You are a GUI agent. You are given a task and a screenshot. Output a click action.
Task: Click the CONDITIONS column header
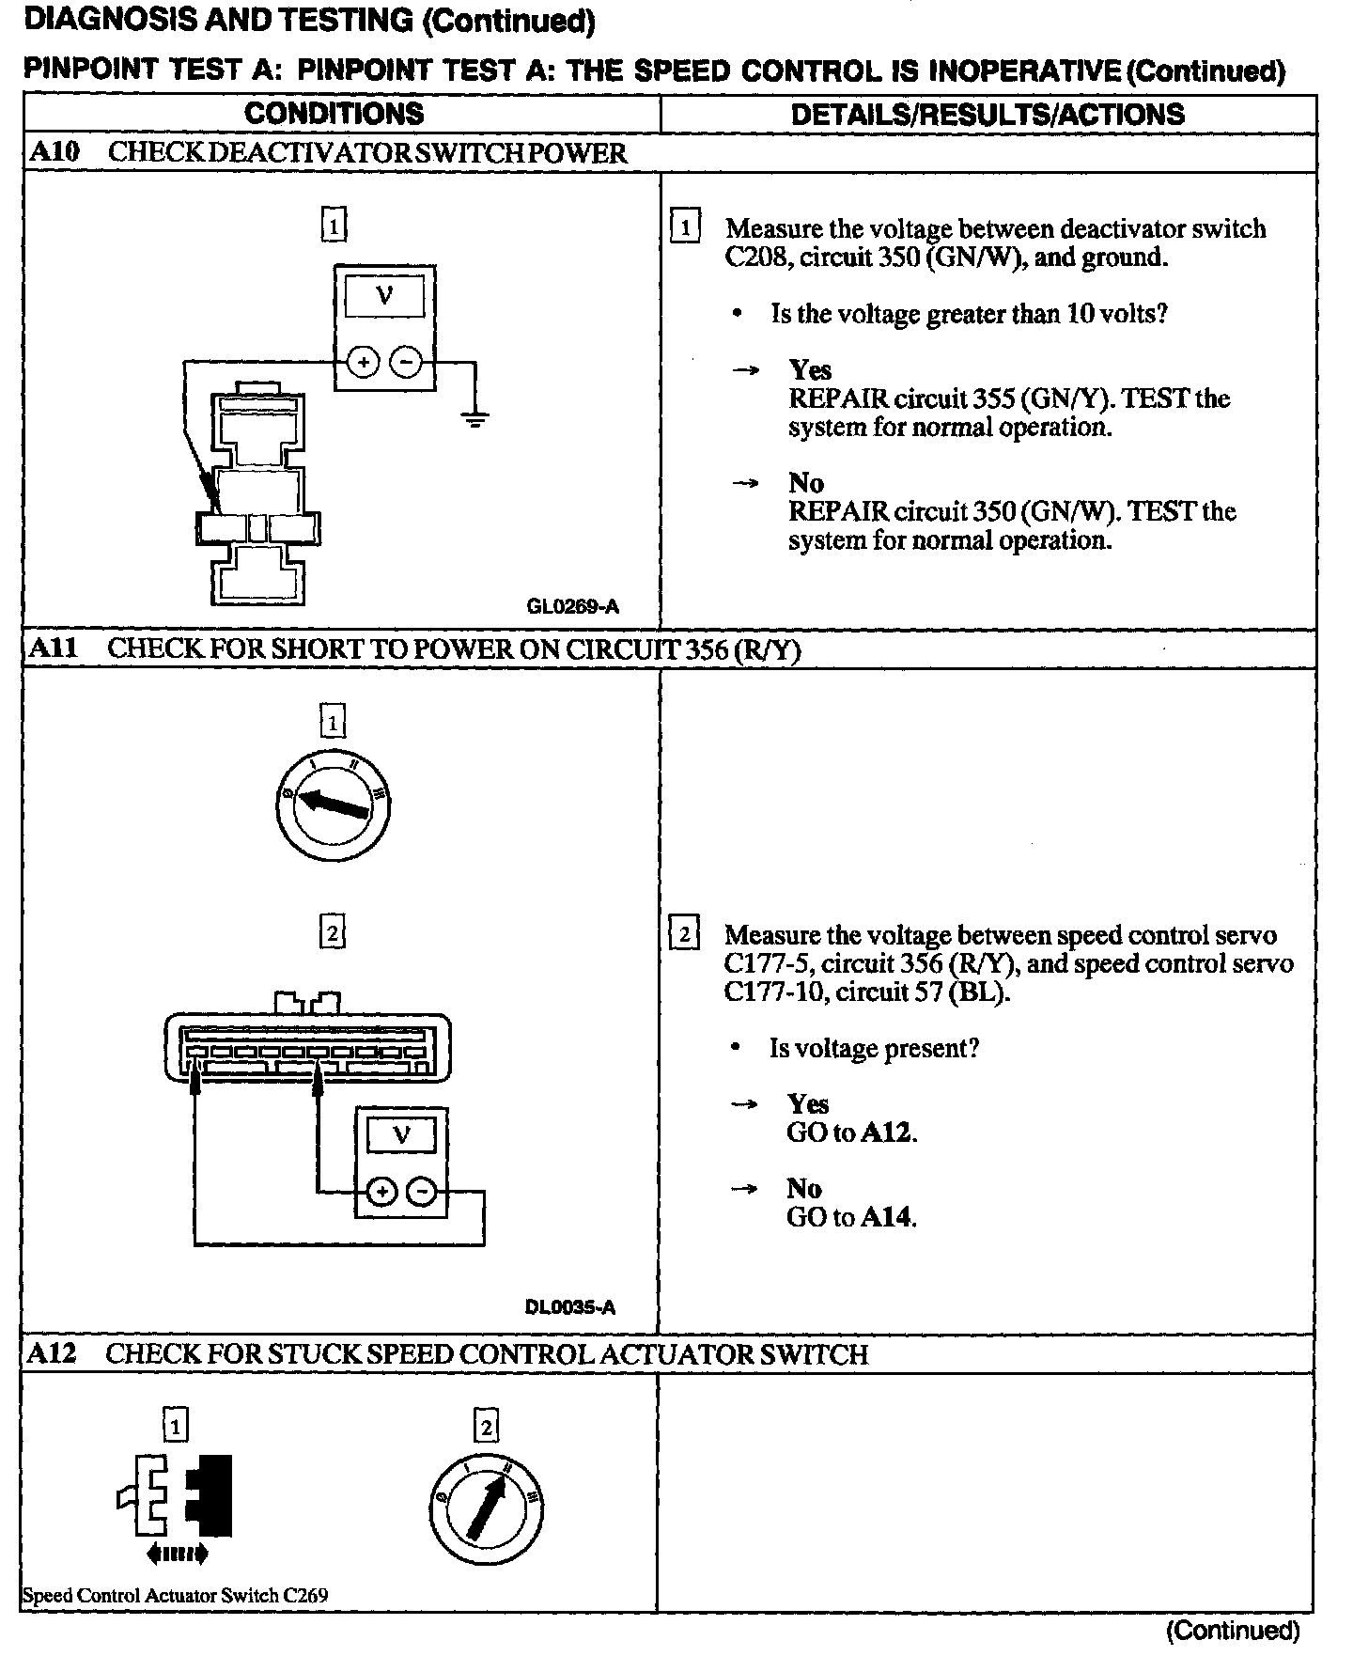334,114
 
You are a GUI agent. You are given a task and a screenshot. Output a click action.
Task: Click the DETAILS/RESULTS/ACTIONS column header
988,115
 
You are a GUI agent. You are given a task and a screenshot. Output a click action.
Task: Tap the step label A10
54,152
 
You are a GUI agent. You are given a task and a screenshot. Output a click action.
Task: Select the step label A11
54,648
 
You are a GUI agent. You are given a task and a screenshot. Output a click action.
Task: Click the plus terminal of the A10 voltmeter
364,362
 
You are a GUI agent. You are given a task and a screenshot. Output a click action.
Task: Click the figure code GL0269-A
572,606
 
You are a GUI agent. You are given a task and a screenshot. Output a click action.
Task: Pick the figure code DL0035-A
570,1307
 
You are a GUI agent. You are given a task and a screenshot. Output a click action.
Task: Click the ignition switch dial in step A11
334,808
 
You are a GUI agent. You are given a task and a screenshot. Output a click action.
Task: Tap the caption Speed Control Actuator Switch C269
175,1595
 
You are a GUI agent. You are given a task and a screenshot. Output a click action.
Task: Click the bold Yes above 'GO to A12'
807,1103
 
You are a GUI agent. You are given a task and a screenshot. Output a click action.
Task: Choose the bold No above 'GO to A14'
803,1188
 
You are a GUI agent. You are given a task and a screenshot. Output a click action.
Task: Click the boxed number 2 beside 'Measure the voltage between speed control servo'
683,934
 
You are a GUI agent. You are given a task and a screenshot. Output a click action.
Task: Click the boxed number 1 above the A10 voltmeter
333,226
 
